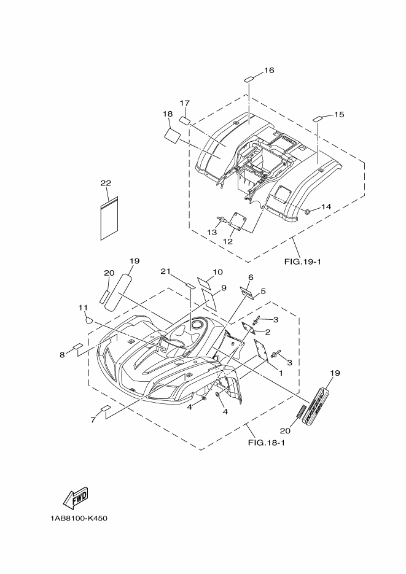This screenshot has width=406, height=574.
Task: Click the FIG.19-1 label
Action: coord(303,262)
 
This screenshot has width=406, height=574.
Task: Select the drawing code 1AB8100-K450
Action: coord(80,518)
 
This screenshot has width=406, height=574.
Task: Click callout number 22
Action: coord(106,184)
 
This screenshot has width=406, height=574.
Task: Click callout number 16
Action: coord(268,71)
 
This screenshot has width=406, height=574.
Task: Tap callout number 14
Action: coord(326,207)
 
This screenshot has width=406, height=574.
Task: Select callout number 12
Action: coord(228,241)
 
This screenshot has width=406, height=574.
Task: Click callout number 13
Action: coord(212,232)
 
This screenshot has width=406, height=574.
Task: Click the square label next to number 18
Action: coord(172,134)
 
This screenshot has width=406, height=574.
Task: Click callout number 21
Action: coord(165,272)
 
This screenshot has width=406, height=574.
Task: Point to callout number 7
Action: coord(93,420)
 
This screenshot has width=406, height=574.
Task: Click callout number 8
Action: coord(62,354)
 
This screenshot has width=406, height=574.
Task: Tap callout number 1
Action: coord(281,372)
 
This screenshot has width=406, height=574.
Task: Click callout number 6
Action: coord(251,277)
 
